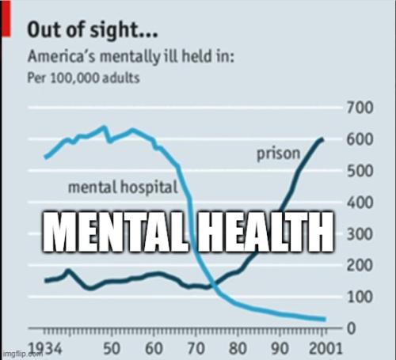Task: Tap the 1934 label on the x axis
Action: (x=46, y=348)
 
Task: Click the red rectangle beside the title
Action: (x=6, y=19)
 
